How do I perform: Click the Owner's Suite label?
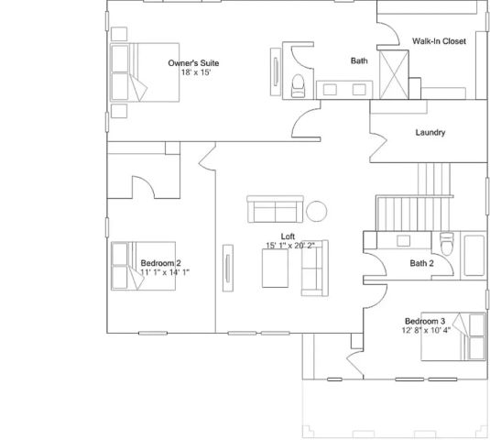coord(193,63)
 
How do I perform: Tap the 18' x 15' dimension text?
coord(195,72)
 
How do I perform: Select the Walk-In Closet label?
coord(439,41)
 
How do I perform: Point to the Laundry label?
coord(430,133)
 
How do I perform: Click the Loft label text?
coord(287,236)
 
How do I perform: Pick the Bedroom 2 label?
coord(160,262)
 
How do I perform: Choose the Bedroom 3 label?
coord(425,321)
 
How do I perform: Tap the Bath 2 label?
coord(422,263)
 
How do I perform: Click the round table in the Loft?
coord(317,211)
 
